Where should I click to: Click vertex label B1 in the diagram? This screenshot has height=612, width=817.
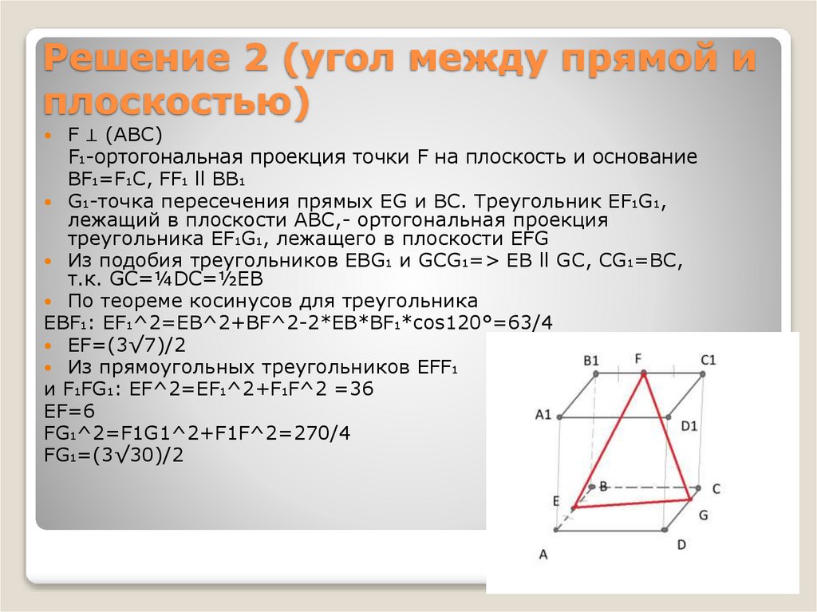pos(590,360)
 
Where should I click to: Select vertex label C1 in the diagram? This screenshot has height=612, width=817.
pos(708,359)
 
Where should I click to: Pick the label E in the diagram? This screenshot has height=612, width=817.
pos(555,500)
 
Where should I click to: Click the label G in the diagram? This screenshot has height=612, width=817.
pos(703,515)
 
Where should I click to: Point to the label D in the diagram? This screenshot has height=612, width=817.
pos(681,544)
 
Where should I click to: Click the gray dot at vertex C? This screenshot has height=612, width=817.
pos(698,488)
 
